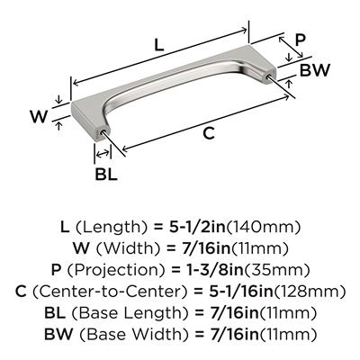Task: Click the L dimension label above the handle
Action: [159, 44]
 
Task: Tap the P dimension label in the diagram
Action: [300, 40]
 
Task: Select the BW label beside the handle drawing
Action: [315, 70]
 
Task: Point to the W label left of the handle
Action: [39, 116]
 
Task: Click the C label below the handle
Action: [209, 133]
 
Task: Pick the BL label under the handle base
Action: [106, 174]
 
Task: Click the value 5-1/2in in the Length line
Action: [197, 228]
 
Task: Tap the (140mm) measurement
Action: [263, 228]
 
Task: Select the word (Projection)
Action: [116, 270]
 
